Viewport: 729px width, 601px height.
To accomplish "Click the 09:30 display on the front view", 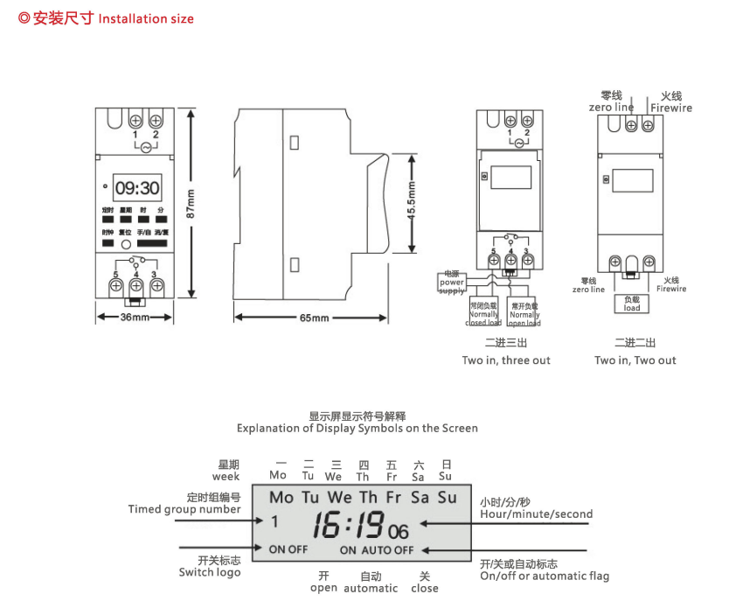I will coord(137,187).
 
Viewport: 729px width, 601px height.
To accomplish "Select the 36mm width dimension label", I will coord(135,317).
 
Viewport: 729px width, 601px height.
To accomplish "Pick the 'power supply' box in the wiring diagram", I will coord(452,282).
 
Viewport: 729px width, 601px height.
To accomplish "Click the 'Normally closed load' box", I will coord(483,314).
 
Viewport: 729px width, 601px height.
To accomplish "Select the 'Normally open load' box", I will coord(524,314).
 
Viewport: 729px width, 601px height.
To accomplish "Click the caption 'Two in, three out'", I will coord(506,360).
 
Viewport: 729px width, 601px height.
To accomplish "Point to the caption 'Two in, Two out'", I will coord(635,360).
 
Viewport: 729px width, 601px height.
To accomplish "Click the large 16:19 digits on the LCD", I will coord(349,525).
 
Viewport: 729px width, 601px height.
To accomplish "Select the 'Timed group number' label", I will coord(184,509).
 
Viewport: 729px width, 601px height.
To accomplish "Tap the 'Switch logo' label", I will coord(209,572).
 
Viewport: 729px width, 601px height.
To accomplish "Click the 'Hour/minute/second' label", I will coord(536,514).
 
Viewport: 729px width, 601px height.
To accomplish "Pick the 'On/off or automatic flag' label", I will coord(545,576).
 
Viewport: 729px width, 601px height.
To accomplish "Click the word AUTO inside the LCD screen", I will coord(376,550).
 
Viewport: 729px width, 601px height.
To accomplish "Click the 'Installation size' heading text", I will coord(146,18).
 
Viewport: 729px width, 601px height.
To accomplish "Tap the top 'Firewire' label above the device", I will coord(670,108).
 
